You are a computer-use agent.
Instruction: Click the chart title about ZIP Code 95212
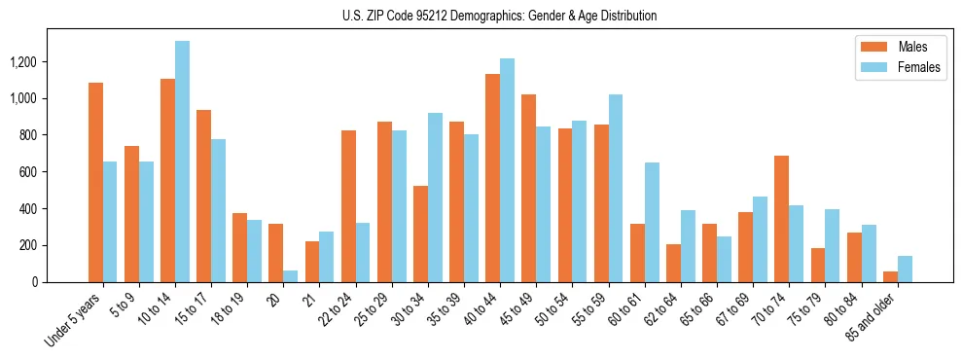coord(499,16)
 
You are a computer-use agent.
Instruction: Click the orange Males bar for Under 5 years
coord(95,182)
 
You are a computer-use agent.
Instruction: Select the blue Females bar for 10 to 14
coord(182,162)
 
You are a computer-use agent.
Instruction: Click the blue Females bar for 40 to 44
coord(507,170)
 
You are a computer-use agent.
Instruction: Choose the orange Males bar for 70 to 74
coord(781,219)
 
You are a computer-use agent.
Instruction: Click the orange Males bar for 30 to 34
coord(420,234)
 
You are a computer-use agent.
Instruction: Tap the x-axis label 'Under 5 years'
coord(74,319)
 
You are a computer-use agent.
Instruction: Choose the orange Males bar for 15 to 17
coord(203,196)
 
